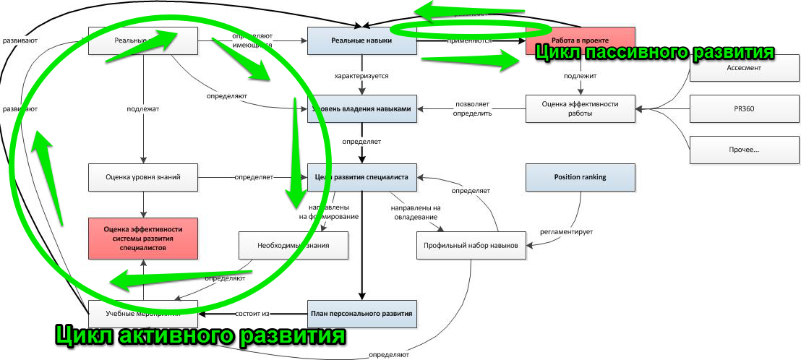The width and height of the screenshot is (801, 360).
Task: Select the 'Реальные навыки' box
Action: pyautogui.click(x=362, y=41)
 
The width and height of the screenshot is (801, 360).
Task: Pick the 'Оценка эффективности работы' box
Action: pyautogui.click(x=581, y=109)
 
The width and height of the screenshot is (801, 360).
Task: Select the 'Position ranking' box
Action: pyautogui.click(x=580, y=177)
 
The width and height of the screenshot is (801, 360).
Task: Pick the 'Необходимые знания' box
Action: pyautogui.click(x=294, y=245)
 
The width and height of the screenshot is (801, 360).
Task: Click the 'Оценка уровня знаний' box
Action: pyautogui.click(x=143, y=177)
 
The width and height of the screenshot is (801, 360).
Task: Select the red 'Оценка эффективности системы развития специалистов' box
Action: pyautogui.click(x=143, y=238)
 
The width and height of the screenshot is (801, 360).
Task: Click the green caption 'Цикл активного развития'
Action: pyautogui.click(x=200, y=337)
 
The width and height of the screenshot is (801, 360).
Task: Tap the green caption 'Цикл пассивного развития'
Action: pyautogui.click(x=654, y=53)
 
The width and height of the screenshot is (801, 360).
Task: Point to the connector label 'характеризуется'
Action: pyautogui.click(x=362, y=75)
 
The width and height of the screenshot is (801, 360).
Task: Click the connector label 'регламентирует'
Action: pyautogui.click(x=567, y=232)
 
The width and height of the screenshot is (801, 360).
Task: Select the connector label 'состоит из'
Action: pyautogui.click(x=252, y=314)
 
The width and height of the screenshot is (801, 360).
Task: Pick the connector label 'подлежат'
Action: pyautogui.click(x=143, y=108)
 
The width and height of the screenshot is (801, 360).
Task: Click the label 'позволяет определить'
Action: pyautogui.click(x=473, y=109)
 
